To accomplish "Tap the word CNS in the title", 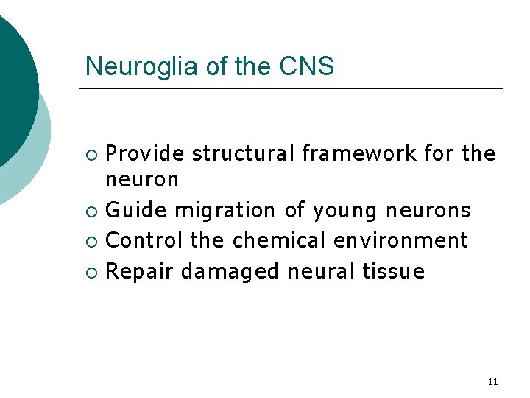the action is (307, 67).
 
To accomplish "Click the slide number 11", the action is (492, 382).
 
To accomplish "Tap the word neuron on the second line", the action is (142, 179).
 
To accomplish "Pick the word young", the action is (344, 212).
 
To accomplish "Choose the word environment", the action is (400, 240).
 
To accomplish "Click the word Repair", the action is (140, 272).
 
